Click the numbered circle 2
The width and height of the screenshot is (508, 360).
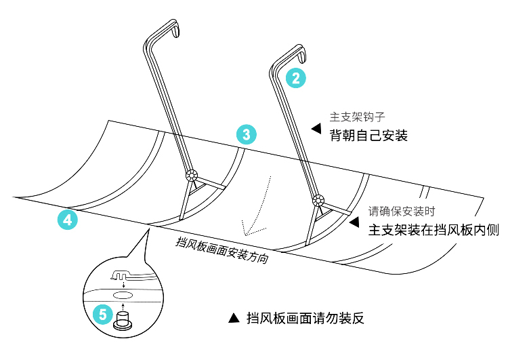pos(296,78)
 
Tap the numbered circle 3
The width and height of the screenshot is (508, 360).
pos(247,134)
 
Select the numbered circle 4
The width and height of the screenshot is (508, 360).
pos(67,220)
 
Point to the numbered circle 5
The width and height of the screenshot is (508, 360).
pos(103,314)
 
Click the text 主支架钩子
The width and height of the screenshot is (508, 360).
pos(357,117)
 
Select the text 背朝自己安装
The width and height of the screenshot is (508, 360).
pos(368,135)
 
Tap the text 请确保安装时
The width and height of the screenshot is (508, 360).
pos(402,212)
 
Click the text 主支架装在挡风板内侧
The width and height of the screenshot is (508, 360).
pos(433,230)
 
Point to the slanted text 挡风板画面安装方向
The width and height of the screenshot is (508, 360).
pos(222,250)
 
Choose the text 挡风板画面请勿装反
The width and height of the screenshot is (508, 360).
pos(305,318)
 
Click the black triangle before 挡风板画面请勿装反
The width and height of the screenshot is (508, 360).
pos(234,318)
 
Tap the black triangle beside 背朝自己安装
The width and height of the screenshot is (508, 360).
pos(316,128)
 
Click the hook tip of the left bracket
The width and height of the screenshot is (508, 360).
pos(176,35)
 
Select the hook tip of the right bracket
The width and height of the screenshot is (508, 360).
pos(302,58)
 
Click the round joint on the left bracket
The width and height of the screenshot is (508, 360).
pos(192,176)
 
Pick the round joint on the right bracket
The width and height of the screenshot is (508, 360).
pos(318,200)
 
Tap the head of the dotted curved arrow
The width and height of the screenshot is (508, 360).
pos(247,234)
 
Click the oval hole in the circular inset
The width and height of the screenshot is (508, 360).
pos(122,295)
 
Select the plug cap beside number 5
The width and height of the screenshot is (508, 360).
pos(123,321)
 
